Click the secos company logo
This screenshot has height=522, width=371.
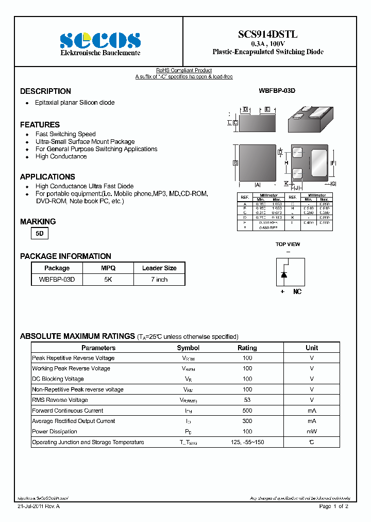(100, 40)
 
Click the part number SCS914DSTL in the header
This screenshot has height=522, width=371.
(267, 35)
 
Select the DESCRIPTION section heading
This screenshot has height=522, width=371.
(45, 91)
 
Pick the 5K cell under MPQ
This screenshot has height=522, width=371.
(108, 280)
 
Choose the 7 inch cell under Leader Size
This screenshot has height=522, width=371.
(159, 280)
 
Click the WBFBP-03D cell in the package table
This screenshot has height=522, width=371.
(57, 280)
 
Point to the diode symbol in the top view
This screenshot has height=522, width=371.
(283, 274)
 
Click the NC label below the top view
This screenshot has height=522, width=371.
(297, 292)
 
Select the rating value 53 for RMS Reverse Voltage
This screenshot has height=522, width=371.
(247, 400)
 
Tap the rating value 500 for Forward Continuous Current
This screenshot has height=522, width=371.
(247, 411)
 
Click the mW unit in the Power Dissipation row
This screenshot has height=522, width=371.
(312, 432)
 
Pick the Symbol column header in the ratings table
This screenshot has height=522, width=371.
(188, 348)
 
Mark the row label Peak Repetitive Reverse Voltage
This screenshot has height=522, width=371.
(73, 358)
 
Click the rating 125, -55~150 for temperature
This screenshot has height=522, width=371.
(247, 442)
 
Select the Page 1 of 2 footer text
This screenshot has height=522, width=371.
(334, 507)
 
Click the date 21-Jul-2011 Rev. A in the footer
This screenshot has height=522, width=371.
(39, 507)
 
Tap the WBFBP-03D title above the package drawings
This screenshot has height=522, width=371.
(277, 91)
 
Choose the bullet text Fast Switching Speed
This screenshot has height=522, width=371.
(65, 134)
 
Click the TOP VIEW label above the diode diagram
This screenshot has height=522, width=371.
(288, 244)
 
